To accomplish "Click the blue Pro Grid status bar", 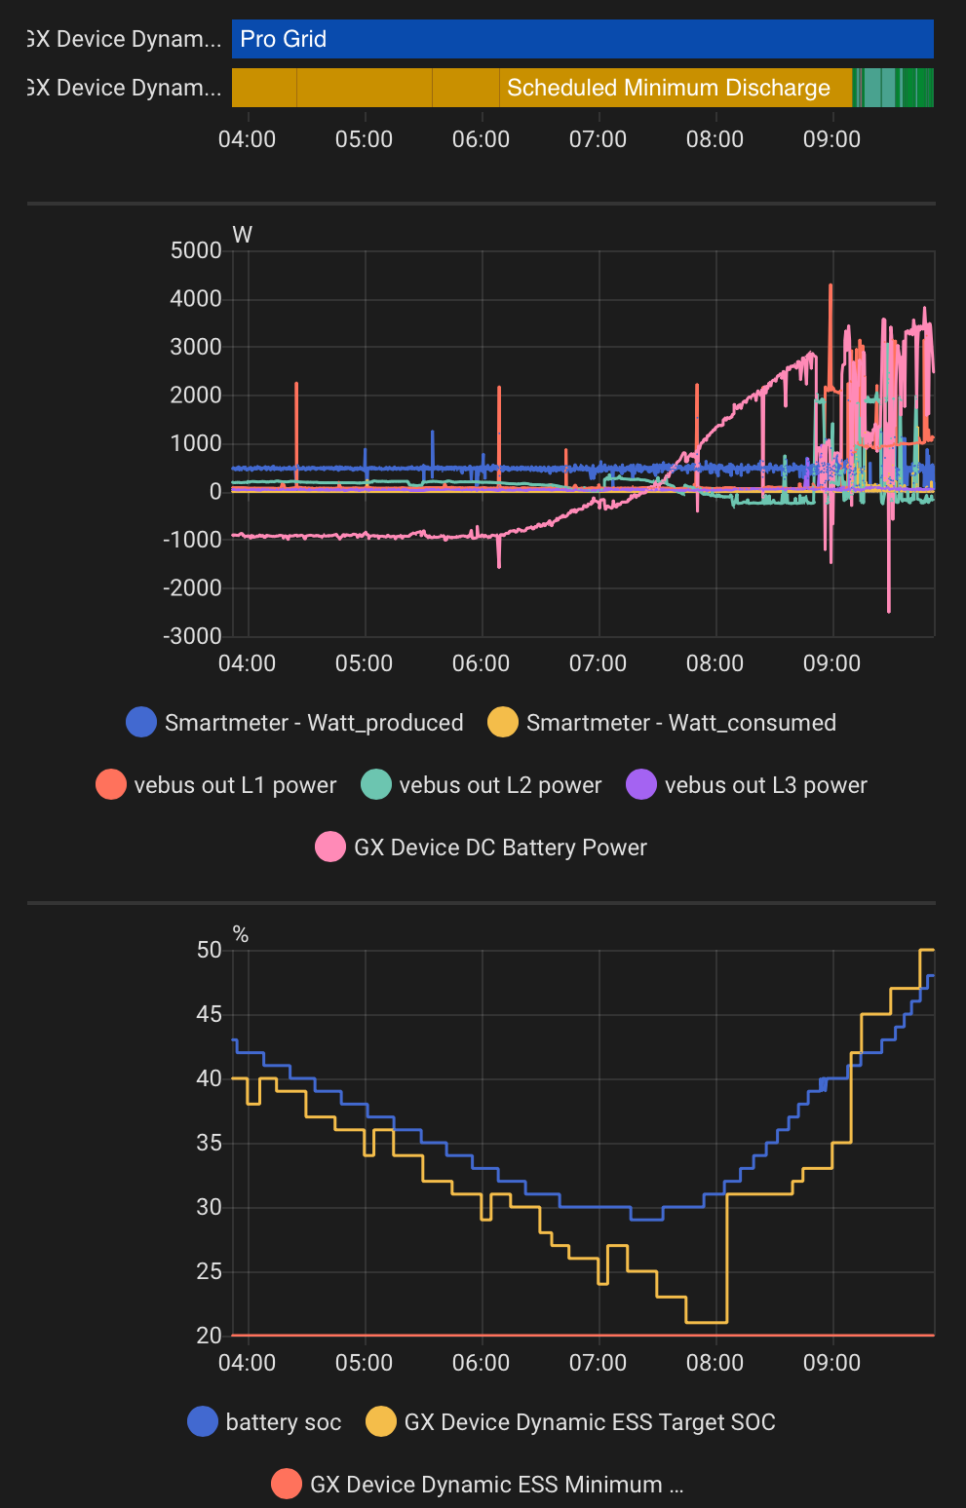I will pos(582,39).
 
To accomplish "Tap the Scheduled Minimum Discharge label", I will pos(668,88).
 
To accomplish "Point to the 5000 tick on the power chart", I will pos(196,250).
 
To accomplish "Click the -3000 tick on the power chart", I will pos(192,636).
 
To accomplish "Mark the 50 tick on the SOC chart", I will pos(210,950).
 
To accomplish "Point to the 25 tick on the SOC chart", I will pos(210,1271).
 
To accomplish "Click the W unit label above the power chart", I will pos(243,235).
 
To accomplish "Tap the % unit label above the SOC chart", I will pos(241,935).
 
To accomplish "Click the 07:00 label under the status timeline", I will pos(598,139).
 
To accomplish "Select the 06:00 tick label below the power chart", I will pos(481,663).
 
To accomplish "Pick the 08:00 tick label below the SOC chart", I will pos(715,1363).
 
